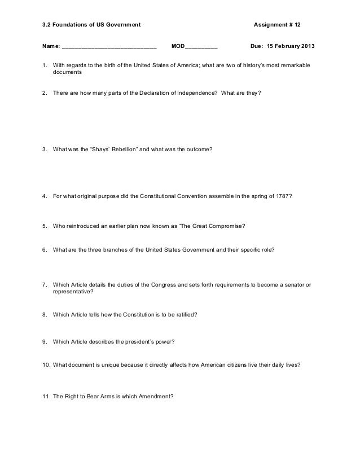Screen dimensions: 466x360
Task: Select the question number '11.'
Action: coord(46,396)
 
